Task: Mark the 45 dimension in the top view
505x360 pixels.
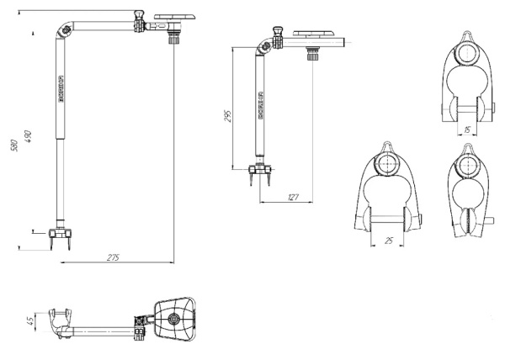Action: tap(30, 320)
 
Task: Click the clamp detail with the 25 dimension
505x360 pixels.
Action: tap(385, 197)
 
